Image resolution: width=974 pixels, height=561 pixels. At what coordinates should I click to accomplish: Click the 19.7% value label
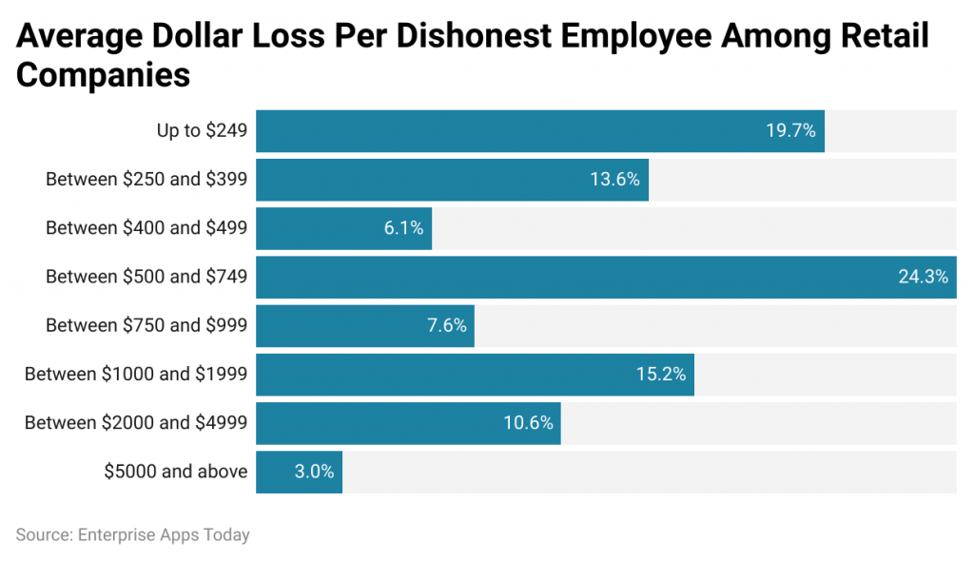pos(790,131)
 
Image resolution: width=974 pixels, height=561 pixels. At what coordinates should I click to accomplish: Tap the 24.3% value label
pos(923,277)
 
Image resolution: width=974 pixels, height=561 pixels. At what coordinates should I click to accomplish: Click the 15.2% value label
pos(661,375)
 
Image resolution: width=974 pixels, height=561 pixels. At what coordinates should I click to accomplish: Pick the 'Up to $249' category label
pos(202,131)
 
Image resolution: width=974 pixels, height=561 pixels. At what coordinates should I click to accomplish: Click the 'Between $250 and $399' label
pos(146,180)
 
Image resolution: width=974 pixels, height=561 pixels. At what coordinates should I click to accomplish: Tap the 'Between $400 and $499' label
pos(146,228)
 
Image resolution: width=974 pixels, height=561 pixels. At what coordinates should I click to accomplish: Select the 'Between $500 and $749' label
pos(146,277)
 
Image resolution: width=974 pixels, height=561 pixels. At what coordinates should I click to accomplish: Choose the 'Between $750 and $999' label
pos(146,326)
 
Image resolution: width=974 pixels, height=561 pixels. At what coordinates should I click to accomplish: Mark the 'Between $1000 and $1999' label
pos(136,375)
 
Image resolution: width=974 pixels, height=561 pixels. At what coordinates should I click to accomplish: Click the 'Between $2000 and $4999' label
pos(136,423)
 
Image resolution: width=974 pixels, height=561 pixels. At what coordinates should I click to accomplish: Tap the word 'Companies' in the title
pos(103,75)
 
